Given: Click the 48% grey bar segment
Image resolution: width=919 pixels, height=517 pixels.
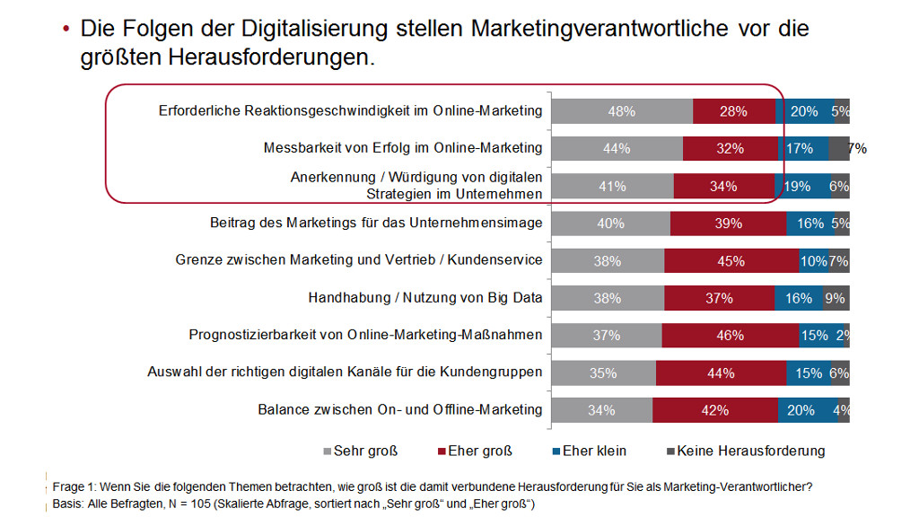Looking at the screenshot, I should pos(621,111).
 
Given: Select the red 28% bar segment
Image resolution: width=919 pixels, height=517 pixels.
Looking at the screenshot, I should pos(733,111).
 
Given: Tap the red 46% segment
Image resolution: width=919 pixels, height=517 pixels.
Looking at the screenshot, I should pos(730,335).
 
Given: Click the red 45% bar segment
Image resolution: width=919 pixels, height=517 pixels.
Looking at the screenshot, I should pos(731,260).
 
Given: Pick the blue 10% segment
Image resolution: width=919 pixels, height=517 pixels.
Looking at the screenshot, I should pos(814,260).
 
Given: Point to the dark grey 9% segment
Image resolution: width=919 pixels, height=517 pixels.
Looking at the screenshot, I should pos(836,298).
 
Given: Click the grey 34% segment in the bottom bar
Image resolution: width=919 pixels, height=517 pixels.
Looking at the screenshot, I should pos(601,409).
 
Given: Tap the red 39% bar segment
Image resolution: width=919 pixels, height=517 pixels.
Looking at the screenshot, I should pos(728,223).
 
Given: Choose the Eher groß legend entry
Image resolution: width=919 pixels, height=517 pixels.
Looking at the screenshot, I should pos(473,451).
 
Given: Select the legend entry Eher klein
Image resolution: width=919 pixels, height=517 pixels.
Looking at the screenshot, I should pos(588,451).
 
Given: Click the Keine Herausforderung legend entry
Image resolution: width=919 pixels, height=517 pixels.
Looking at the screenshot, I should pos(744,451).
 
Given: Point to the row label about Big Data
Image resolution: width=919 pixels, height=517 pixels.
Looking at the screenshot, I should pos(425,298).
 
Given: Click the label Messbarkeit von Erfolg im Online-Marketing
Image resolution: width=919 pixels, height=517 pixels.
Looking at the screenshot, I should pos(403,148).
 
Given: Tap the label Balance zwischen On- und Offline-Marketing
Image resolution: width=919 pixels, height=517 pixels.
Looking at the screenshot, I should pos(400,409).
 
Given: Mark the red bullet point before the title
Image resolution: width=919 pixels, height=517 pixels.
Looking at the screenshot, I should pos(66,30).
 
